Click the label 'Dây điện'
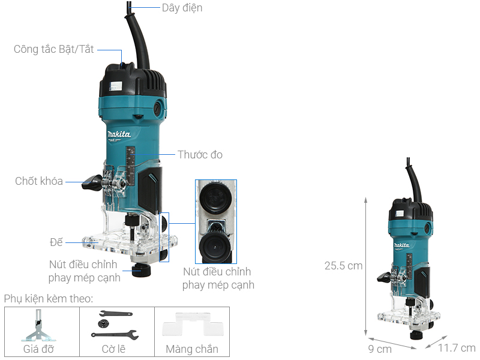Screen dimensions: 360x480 pyautogui.click(x=182, y=8)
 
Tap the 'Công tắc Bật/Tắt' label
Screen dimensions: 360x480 pyautogui.click(x=54, y=49)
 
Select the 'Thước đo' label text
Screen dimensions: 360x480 pyautogui.click(x=200, y=154)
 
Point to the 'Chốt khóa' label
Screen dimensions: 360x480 pyautogui.click(x=39, y=181)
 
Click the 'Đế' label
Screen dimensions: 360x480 pyautogui.click(x=56, y=242)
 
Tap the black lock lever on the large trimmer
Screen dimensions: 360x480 pyautogui.click(x=94, y=182)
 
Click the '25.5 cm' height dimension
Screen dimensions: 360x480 pyautogui.click(x=343, y=265)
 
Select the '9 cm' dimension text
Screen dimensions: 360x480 pyautogui.click(x=379, y=349)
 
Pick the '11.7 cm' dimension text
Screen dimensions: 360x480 pyautogui.click(x=457, y=348)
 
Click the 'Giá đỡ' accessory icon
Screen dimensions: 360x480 pyautogui.click(x=41, y=326)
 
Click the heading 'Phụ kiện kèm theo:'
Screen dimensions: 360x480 pyautogui.click(x=49, y=299)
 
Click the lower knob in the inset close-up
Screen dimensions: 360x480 pyautogui.click(x=215, y=245)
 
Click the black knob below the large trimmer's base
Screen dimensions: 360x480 pyautogui.click(x=142, y=269)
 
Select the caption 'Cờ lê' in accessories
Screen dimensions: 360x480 pyautogui.click(x=116, y=349)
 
